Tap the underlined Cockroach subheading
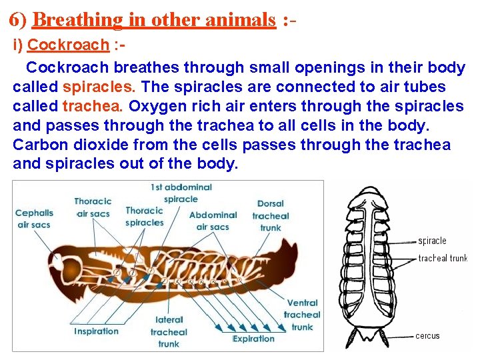[x=69, y=45]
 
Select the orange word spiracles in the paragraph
[x=100, y=87]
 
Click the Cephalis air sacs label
[x=33, y=219]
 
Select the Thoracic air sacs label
[x=93, y=207]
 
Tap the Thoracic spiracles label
[x=145, y=217]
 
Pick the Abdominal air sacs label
[x=213, y=221]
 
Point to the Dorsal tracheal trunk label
[x=270, y=215]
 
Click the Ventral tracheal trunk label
[x=301, y=315]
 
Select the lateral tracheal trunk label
[x=169, y=331]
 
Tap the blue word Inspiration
[x=97, y=331]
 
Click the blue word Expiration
[x=254, y=339]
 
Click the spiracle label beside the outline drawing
[x=432, y=241]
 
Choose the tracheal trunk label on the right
[x=443, y=258]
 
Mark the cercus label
[x=427, y=336]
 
